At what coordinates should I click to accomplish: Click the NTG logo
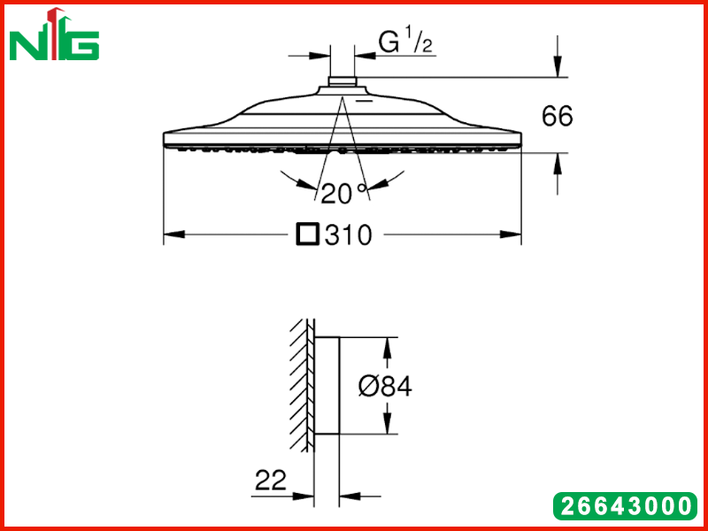click(x=54, y=35)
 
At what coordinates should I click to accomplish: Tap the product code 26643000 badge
click(x=626, y=505)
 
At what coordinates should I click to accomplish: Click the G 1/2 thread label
click(x=405, y=42)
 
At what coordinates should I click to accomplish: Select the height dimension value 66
click(x=558, y=116)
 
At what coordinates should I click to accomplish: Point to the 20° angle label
click(x=344, y=193)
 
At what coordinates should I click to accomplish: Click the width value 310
click(x=349, y=235)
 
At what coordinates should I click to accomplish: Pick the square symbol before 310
click(x=308, y=235)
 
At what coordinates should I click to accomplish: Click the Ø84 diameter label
click(x=385, y=387)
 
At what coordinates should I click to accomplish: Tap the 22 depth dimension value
click(x=271, y=480)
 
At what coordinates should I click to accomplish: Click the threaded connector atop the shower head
click(x=342, y=81)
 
